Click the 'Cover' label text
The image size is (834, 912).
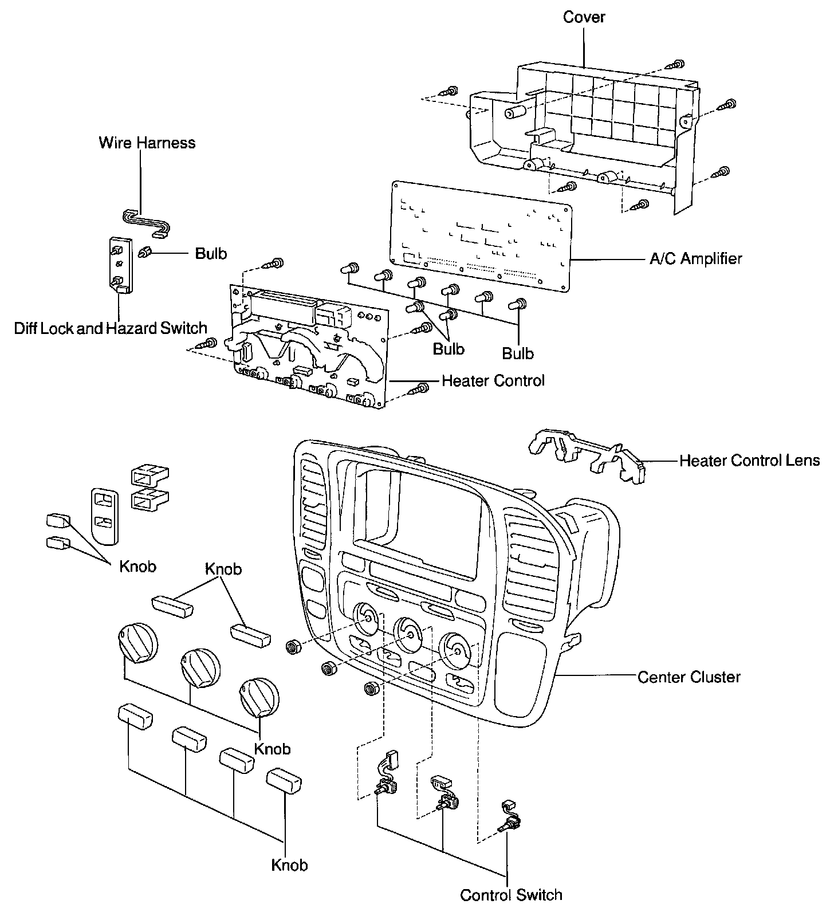tap(584, 17)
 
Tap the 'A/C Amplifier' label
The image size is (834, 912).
tap(695, 259)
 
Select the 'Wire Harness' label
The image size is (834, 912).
tap(147, 143)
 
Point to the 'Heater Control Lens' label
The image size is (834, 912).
tap(749, 461)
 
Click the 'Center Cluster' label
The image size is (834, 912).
tap(689, 677)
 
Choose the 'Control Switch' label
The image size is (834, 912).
tap(511, 894)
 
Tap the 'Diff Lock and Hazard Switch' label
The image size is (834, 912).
tap(111, 328)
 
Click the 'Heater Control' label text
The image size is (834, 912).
tap(493, 380)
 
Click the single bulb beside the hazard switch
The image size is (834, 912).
tap(145, 251)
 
